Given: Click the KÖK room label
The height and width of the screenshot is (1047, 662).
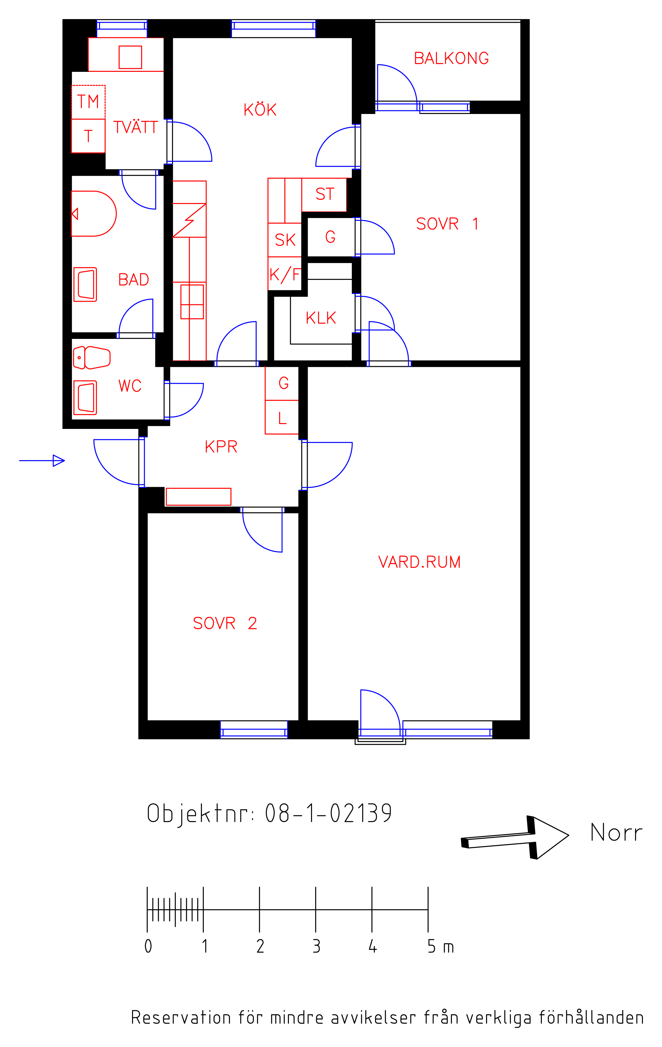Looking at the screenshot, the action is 260,109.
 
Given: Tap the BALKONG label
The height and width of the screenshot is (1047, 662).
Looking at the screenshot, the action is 451,58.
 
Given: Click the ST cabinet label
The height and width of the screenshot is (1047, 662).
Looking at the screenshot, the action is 325,194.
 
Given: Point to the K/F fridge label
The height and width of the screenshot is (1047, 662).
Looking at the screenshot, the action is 285,275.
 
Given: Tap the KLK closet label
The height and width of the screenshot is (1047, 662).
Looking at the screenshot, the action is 321,318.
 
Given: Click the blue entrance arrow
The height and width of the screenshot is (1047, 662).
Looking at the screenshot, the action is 42,460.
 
